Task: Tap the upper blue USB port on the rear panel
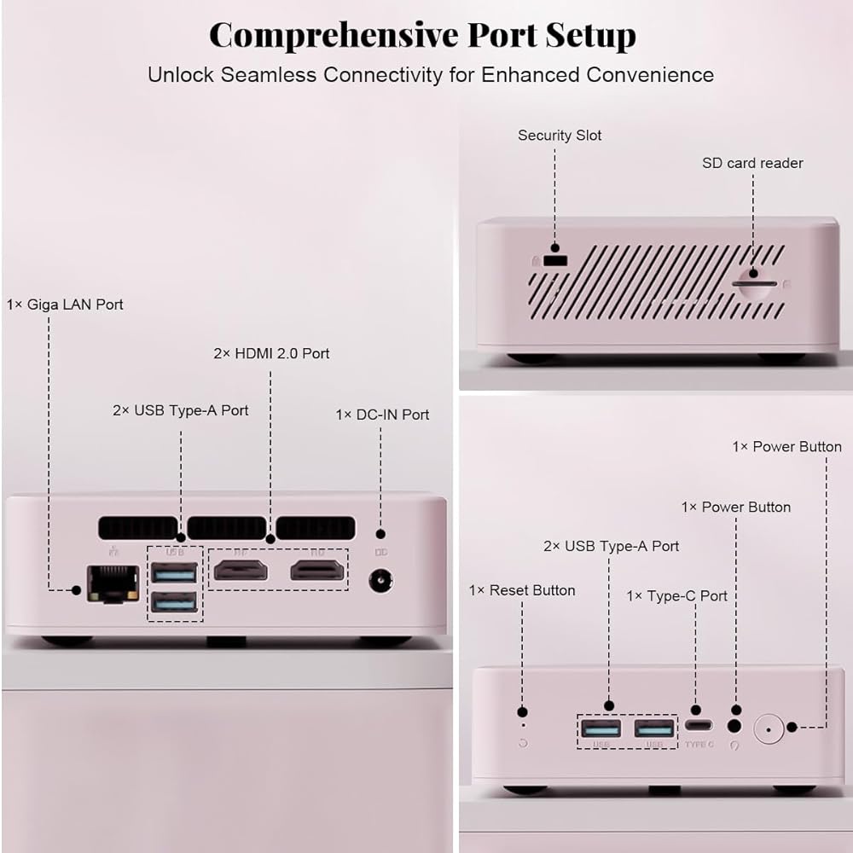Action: pos(174,573)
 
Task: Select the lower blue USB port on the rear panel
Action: pos(174,603)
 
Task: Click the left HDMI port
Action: pos(241,570)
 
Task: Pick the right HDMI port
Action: pos(317,570)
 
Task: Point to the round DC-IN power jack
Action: pos(380,583)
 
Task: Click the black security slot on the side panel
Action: pos(556,258)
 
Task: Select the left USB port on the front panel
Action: pos(601,729)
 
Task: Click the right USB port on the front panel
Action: pos(654,729)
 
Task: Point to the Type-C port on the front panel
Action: pos(698,728)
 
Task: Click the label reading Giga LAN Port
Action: pos(65,305)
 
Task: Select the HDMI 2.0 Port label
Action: pos(271,353)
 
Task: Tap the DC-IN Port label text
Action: pos(382,415)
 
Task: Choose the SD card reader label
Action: pos(752,163)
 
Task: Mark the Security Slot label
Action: pos(560,136)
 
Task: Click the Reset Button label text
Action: pos(522,590)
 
